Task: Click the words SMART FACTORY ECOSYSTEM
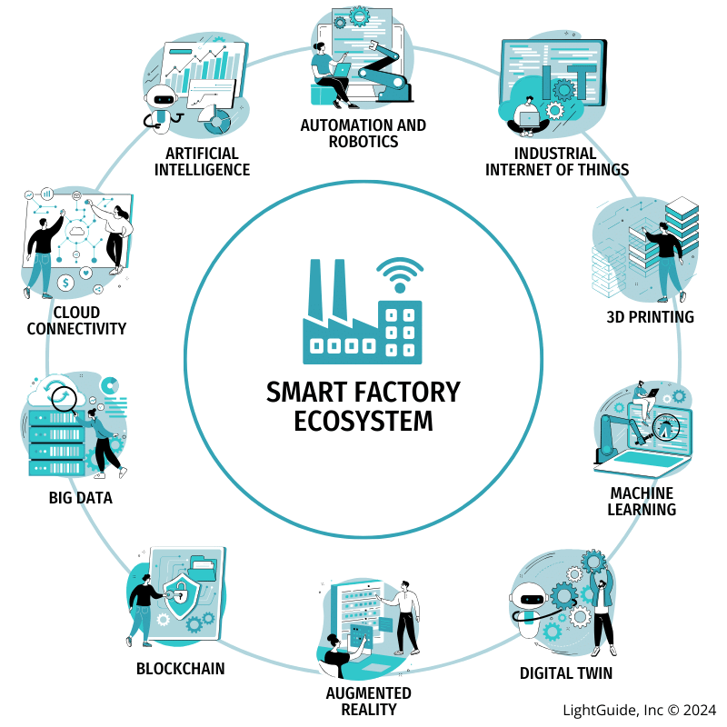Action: pyautogui.click(x=363, y=406)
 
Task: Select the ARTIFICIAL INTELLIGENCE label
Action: pyautogui.click(x=202, y=161)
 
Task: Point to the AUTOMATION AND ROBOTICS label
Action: pyautogui.click(x=363, y=133)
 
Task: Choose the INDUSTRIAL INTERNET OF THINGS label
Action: pyautogui.click(x=556, y=162)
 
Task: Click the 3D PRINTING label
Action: pyautogui.click(x=650, y=317)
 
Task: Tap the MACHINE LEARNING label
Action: pyautogui.click(x=642, y=501)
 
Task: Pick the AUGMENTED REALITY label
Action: pyautogui.click(x=362, y=701)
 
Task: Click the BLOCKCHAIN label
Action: pyautogui.click(x=180, y=669)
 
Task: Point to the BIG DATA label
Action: pyautogui.click(x=80, y=498)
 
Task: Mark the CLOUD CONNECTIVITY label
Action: pyautogui.click(x=75, y=321)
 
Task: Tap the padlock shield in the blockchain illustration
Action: pyautogui.click(x=185, y=595)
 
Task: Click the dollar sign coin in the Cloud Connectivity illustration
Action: pyautogui.click(x=65, y=284)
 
